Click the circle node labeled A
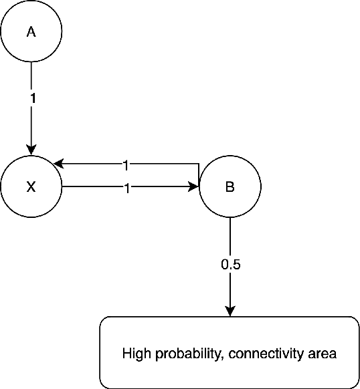point(31,31)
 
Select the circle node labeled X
point(31,187)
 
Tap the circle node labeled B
point(230,187)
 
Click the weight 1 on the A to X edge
point(31,97)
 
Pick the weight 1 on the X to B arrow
point(126,188)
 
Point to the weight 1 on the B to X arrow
point(126,164)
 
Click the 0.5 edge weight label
point(230,264)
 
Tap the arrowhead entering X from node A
point(31,151)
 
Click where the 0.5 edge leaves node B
point(230,218)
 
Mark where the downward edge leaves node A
point(31,62)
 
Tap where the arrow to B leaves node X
point(62,188)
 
